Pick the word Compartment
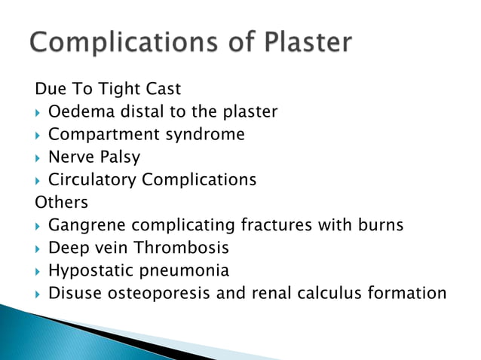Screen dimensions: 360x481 [x=99, y=135]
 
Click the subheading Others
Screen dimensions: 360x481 [x=61, y=203]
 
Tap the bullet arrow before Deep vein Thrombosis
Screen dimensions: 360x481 [x=38, y=248]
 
